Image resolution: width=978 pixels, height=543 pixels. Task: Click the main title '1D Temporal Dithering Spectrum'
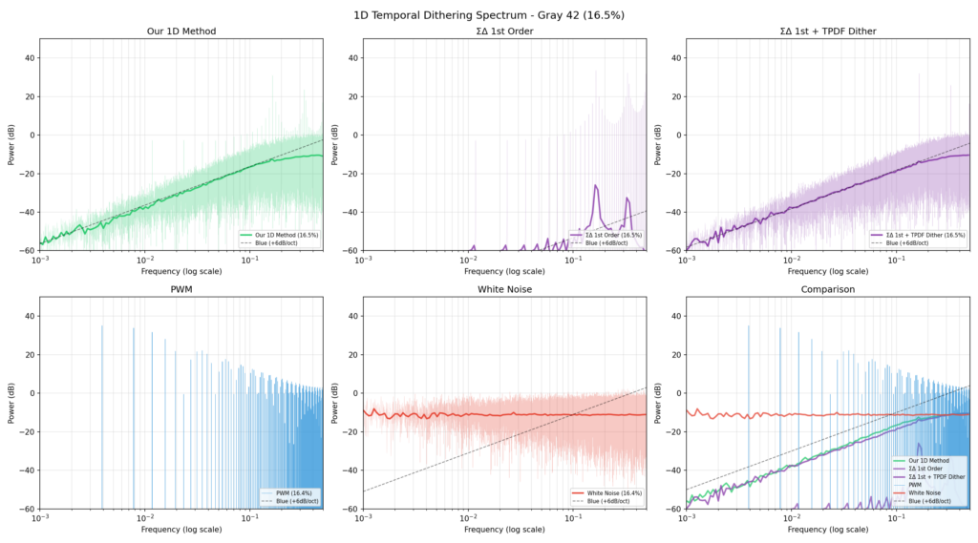click(x=488, y=14)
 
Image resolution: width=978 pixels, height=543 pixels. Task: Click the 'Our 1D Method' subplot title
click(x=181, y=31)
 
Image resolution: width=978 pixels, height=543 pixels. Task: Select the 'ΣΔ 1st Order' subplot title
click(x=504, y=31)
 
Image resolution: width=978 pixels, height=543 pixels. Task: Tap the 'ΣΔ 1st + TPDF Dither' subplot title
click(x=828, y=31)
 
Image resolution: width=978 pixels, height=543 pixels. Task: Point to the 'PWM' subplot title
click(x=181, y=289)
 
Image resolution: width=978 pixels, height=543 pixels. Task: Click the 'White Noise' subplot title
click(x=504, y=289)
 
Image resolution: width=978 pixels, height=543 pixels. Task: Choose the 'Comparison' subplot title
click(x=828, y=289)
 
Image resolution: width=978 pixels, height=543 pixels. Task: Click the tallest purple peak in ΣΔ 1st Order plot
click(x=596, y=186)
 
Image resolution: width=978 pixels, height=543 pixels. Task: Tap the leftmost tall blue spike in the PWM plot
click(x=102, y=327)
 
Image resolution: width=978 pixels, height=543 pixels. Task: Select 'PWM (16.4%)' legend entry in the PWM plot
click(x=292, y=492)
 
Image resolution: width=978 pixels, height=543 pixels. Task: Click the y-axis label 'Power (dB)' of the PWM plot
click(x=10, y=404)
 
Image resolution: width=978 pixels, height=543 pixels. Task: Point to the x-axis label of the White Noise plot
click(x=504, y=531)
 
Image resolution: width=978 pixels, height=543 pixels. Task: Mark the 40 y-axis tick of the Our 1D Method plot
click(x=29, y=57)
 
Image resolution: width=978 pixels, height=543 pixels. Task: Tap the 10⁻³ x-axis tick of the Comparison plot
click(x=687, y=518)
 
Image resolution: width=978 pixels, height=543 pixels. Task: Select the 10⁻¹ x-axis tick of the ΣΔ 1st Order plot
click(x=574, y=261)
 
